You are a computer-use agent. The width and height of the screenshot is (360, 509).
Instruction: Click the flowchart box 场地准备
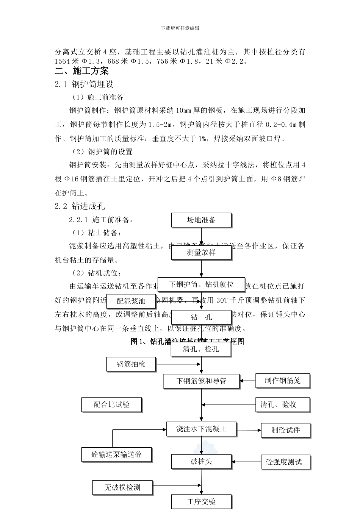click(201, 220)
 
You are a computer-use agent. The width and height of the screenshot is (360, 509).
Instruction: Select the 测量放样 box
click(201, 253)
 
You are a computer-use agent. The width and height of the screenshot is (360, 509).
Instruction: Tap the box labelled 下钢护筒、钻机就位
click(201, 284)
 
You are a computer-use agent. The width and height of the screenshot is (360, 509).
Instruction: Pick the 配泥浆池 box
click(131, 301)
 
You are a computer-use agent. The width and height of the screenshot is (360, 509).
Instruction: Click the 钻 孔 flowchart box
click(201, 317)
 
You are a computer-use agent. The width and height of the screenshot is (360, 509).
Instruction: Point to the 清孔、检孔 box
click(201, 349)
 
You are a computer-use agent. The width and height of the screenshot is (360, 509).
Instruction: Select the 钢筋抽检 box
click(131, 364)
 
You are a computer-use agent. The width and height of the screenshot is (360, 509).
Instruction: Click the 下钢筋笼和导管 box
click(201, 381)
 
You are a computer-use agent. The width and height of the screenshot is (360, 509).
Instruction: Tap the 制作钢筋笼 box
click(283, 381)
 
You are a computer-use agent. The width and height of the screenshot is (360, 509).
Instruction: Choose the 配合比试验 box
click(112, 404)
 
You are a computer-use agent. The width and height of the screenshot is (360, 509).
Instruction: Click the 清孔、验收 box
click(283, 404)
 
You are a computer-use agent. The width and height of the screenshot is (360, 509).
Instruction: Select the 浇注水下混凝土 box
click(201, 429)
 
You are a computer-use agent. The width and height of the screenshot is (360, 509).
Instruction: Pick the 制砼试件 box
click(286, 430)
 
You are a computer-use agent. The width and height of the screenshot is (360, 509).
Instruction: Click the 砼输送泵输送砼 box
click(117, 454)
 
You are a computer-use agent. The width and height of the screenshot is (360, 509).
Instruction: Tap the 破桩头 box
click(201, 462)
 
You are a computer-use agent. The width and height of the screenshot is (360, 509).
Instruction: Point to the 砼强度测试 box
click(286, 462)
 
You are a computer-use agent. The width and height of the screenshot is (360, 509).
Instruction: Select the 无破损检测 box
click(122, 487)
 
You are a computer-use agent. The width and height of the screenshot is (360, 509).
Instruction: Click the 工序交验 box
click(201, 502)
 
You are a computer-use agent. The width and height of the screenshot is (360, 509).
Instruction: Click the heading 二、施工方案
click(82, 71)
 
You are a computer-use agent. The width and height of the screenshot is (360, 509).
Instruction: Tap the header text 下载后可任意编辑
click(180, 28)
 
